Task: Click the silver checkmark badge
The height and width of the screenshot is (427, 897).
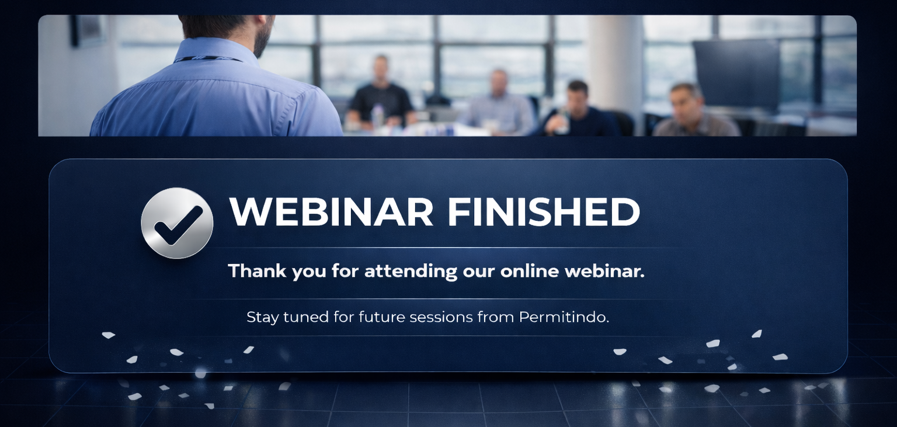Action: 177,223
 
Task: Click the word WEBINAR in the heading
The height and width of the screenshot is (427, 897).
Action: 331,211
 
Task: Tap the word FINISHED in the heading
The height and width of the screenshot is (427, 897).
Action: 544,211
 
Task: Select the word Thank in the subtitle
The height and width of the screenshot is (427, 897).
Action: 258,271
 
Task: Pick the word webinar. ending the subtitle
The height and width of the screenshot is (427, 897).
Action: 604,271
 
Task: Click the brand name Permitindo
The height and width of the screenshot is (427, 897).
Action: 564,317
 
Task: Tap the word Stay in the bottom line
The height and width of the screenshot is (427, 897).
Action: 262,318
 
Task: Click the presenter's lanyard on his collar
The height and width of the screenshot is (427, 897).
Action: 208,59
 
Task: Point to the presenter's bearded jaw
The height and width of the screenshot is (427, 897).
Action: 262,40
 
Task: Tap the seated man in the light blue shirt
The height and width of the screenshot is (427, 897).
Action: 498,103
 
